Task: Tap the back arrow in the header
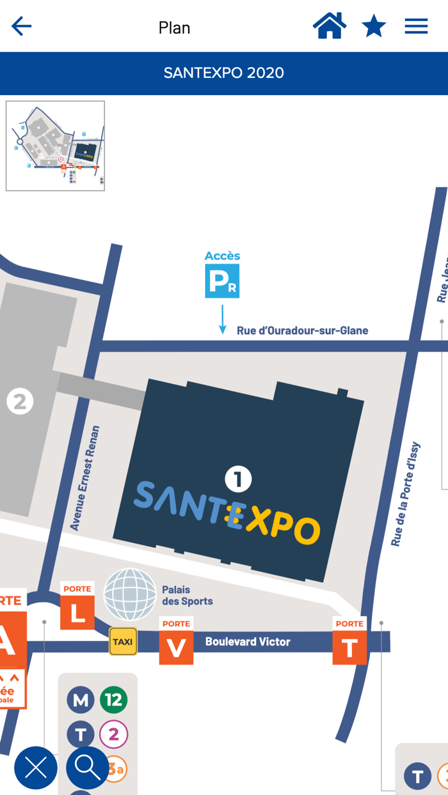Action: (x=21, y=26)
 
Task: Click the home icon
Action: (x=330, y=26)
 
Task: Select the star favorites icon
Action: (x=374, y=26)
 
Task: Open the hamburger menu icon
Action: (x=416, y=26)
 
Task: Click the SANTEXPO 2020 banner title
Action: (x=224, y=73)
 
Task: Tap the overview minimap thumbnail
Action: (x=55, y=146)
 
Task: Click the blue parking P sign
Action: (x=222, y=281)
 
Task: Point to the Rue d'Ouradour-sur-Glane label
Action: (x=302, y=330)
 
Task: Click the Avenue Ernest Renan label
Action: (x=85, y=478)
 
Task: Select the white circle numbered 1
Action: (x=238, y=479)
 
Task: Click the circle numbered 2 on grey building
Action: (x=20, y=402)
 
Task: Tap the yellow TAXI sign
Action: (x=123, y=642)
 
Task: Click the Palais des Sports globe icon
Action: (x=130, y=594)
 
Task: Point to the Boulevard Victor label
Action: (x=248, y=642)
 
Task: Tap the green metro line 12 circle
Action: (x=113, y=700)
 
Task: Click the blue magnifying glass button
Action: (x=88, y=768)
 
